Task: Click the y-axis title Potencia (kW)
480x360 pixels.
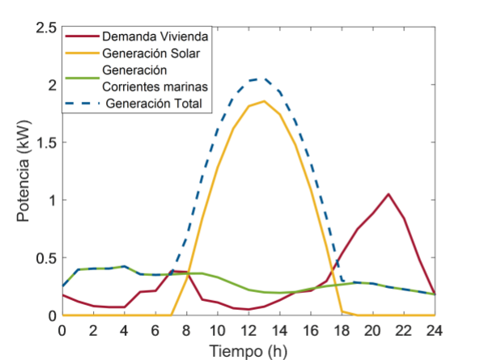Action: [23, 172]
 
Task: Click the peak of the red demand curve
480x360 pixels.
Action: [389, 194]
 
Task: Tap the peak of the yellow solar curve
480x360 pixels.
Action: [264, 101]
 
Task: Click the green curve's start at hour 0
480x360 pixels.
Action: [62, 286]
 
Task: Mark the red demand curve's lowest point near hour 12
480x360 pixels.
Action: [248, 309]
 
